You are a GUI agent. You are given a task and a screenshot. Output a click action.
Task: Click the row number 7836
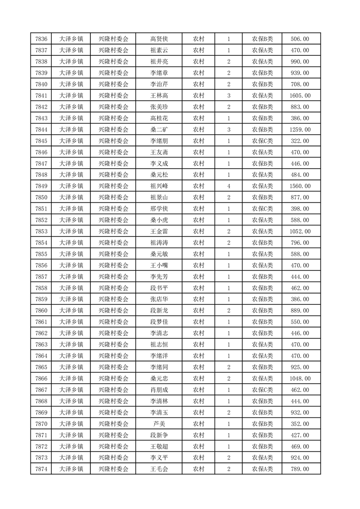(41, 39)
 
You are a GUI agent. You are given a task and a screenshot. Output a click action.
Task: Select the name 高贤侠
(159, 39)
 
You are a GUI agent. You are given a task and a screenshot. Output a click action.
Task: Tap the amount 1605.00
(300, 96)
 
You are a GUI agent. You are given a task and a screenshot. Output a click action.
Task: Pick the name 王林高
(159, 96)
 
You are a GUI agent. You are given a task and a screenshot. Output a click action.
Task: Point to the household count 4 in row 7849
(228, 186)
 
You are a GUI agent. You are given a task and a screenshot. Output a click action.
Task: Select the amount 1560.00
(300, 186)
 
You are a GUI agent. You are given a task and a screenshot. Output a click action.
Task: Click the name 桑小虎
(159, 220)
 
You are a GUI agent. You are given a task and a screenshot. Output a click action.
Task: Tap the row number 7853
(41, 231)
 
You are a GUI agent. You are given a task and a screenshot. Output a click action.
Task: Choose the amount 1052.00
(300, 231)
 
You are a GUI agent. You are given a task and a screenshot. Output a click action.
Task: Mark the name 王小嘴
(159, 265)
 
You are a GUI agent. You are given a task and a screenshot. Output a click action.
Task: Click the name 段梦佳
(159, 322)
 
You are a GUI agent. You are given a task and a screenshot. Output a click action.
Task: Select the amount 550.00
(300, 322)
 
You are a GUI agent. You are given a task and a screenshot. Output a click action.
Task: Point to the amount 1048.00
(300, 378)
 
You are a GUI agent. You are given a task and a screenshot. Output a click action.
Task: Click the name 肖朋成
(159, 390)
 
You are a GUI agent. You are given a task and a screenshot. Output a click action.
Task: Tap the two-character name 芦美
(159, 424)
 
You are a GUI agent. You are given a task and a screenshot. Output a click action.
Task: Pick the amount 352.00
(300, 424)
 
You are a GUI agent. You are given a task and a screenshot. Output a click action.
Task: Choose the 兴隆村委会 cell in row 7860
(113, 311)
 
